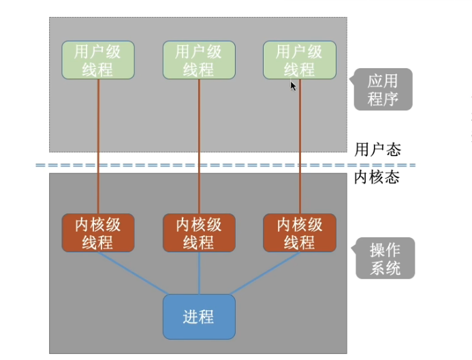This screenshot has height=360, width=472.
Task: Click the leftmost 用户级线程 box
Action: [98, 60]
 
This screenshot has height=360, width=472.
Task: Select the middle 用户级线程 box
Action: [199, 60]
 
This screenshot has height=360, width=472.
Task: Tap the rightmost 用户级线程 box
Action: [300, 60]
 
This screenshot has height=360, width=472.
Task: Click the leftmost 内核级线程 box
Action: [98, 233]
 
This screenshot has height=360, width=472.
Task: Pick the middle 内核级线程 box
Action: [199, 233]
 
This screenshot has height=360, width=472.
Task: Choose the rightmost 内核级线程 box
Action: [300, 233]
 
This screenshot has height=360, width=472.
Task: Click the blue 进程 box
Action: [199, 316]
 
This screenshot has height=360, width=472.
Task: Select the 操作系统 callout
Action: [386, 259]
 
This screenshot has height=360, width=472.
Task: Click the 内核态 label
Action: [377, 178]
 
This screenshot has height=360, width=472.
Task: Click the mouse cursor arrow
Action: [293, 86]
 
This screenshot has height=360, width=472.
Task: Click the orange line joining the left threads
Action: [98, 136]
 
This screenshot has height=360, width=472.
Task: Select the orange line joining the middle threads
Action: [199, 136]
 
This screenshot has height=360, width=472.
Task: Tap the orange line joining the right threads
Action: [300, 136]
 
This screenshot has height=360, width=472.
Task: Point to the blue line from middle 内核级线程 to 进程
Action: [199, 273]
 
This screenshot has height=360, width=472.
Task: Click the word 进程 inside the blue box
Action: [199, 317]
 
